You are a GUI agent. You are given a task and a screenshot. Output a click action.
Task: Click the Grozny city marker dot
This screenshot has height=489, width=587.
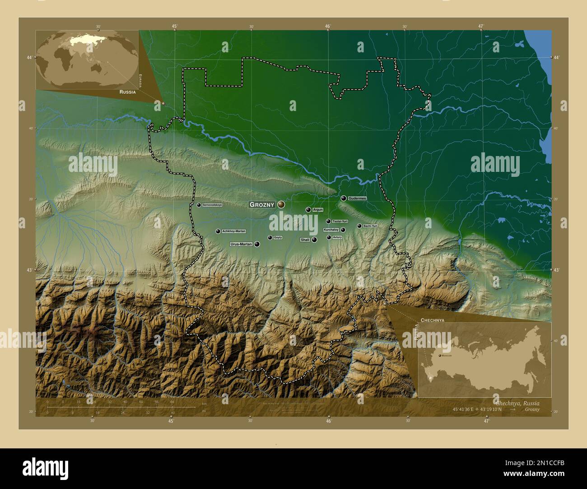coord(281,204)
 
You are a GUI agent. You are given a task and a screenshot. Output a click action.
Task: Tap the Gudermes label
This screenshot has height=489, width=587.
coord(357,198)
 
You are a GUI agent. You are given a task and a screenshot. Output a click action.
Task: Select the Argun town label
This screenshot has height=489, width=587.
coord(318,210)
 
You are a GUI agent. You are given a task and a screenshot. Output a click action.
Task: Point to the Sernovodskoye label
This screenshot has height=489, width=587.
coord(212,205)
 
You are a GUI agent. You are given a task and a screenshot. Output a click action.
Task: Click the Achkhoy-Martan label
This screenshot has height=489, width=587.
coord(234,231)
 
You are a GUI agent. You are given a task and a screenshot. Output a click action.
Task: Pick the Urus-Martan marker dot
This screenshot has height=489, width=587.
coord(257,244)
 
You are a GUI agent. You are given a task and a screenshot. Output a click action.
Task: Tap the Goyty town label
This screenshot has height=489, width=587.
coord(278,237)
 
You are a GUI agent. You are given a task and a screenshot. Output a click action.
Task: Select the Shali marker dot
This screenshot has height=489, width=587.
coord(314,240)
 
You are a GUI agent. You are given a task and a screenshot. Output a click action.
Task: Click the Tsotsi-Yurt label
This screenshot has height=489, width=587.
coord(340,221)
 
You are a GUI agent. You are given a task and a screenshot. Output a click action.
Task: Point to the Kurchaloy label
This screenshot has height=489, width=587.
coord(331,230)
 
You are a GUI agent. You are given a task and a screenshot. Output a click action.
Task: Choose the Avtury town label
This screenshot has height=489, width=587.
coord(337,237)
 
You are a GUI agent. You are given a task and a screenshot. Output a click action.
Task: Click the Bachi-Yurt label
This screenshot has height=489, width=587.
coord(370,226)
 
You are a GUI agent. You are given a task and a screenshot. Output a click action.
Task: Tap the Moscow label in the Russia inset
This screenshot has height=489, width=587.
coord(446,356)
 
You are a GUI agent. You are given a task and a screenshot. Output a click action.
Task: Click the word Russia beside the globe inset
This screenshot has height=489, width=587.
coord(128,92)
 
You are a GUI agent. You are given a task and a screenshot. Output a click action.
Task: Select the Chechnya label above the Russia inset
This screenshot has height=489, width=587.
coord(432,319)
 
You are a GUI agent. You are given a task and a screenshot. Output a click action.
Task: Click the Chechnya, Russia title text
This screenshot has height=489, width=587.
coord(517,402)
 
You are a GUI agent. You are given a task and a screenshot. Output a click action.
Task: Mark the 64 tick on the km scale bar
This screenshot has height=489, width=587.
coord(172,401)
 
